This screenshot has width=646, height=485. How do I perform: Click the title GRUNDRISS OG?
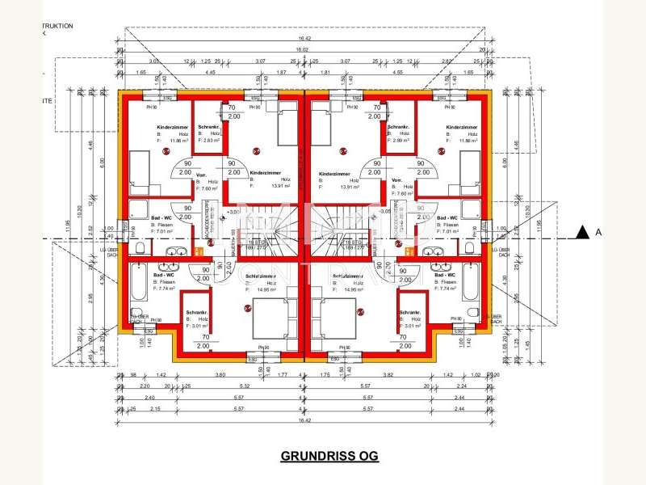[329, 456]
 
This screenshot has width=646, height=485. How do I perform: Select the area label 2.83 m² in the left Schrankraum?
[212, 141]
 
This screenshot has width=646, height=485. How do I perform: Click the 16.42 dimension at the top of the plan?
[304, 38]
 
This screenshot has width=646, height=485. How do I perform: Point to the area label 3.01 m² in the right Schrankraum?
[412, 326]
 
